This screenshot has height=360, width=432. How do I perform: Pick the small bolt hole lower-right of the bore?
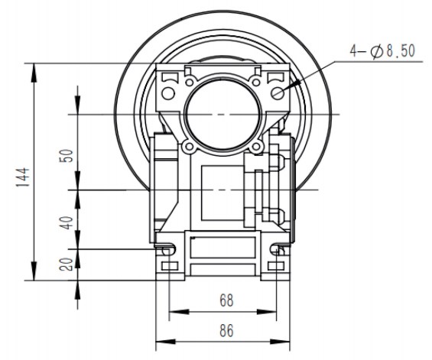[260, 148]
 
